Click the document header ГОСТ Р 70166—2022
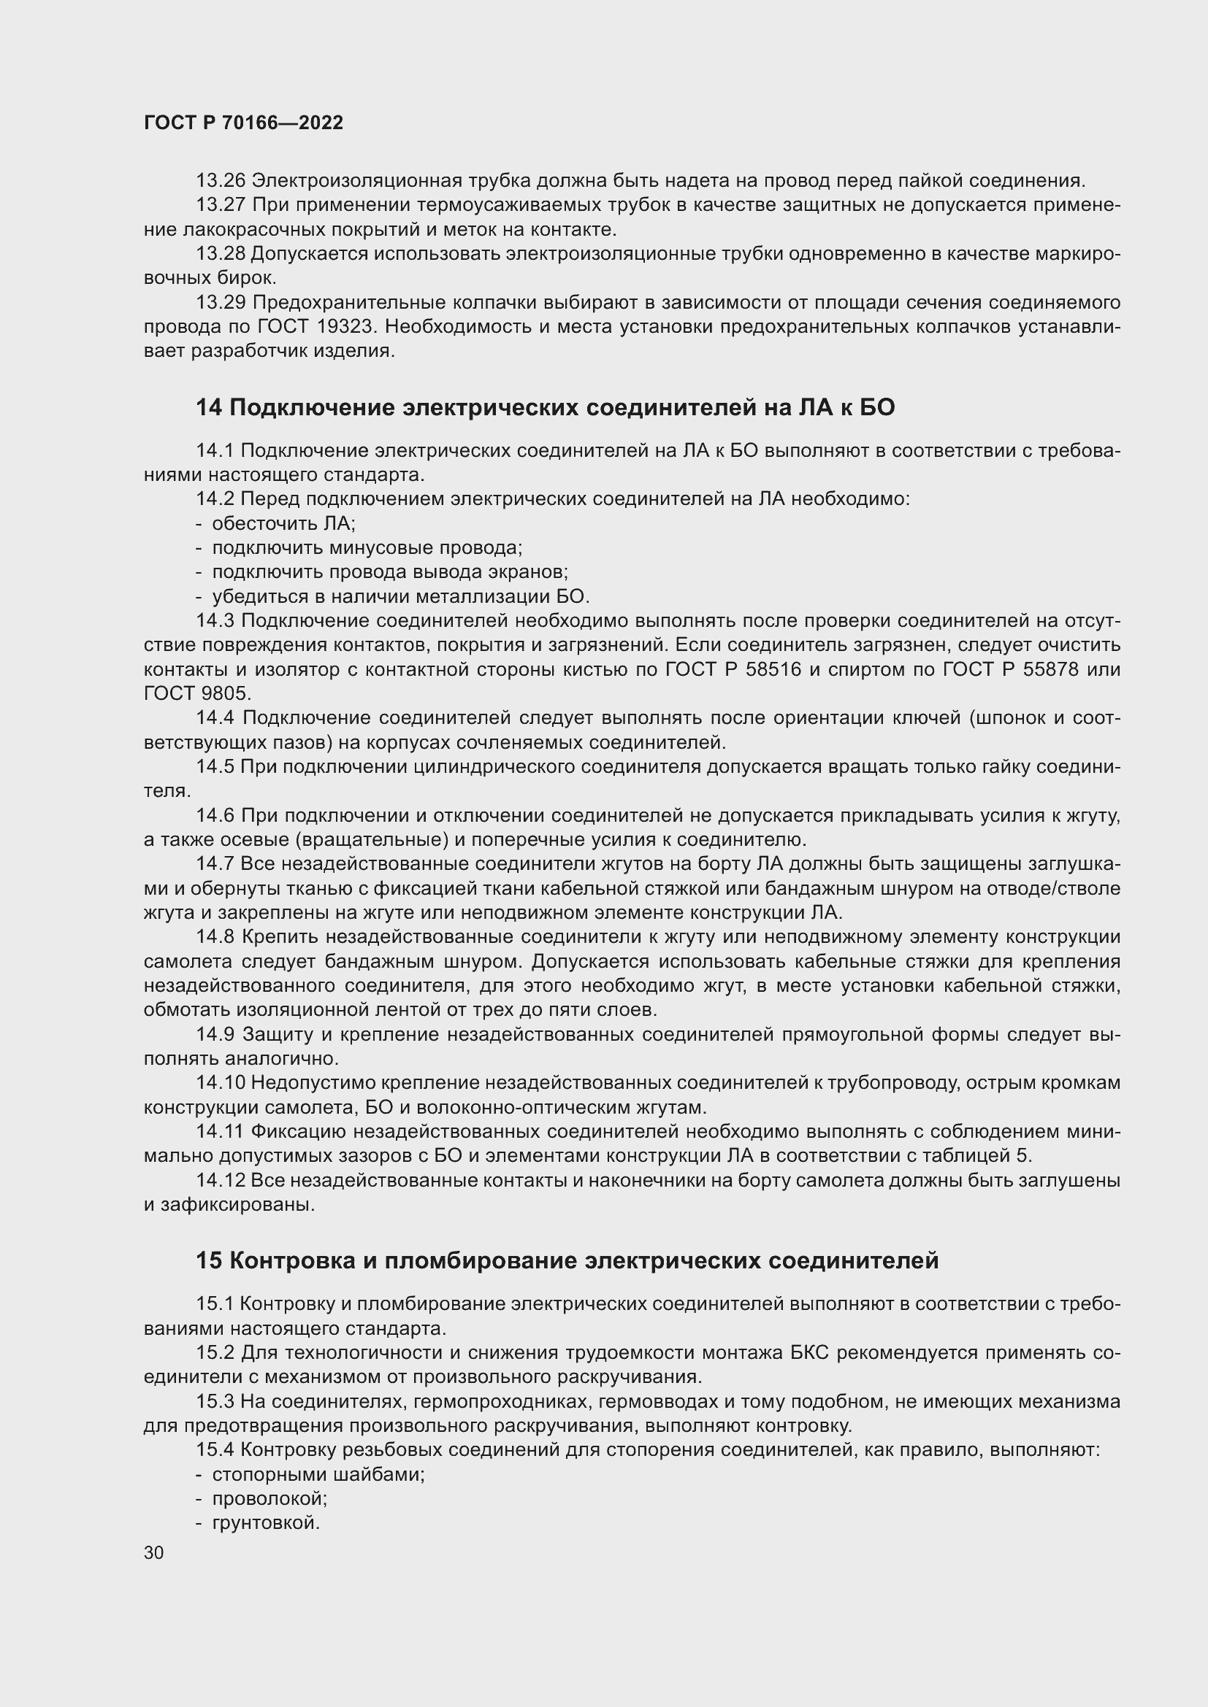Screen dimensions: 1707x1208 pyautogui.click(x=243, y=123)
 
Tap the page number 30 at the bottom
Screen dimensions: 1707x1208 pyautogui.click(x=154, y=1553)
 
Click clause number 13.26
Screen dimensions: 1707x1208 pyautogui.click(x=221, y=181)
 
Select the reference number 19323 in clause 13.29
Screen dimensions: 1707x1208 pyautogui.click(x=348, y=326)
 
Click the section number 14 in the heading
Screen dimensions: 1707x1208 pyautogui.click(x=208, y=407)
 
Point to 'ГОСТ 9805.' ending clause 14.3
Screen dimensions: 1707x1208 pyautogui.click(x=198, y=693)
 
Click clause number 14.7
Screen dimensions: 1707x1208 pyautogui.click(x=215, y=864)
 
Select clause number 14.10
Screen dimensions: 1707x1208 pyautogui.click(x=220, y=1083)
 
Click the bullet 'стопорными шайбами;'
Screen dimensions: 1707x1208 pyautogui.click(x=318, y=1474)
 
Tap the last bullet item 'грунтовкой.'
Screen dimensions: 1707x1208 pyautogui.click(x=266, y=1523)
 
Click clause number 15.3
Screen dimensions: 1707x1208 pyautogui.click(x=215, y=1401)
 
